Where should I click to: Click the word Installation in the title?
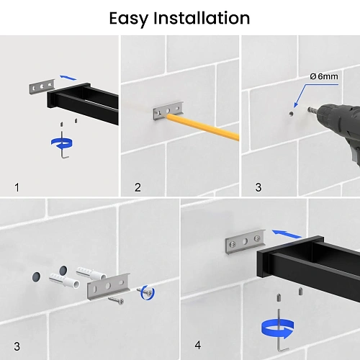pos(202,18)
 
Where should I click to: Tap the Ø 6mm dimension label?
pos(324,76)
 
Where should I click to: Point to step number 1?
pos(17,187)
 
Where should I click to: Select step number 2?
pos(138,187)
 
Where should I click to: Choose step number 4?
pos(198,345)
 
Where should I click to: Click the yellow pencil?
pos(203,127)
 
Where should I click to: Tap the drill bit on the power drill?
pos(312,110)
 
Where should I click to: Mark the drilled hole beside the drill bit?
pos(291,114)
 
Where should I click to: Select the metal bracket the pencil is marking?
pos(168,111)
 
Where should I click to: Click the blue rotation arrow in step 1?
pos(62,143)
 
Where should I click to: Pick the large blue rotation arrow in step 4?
pos(278,328)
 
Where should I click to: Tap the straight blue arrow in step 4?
pos(287,234)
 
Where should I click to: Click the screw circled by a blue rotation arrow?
pos(145,292)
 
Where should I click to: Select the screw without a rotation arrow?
pos(116,300)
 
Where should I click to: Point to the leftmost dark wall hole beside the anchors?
pos(36,276)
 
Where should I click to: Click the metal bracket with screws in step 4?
pos(246,241)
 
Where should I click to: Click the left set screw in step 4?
pos(279,298)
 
